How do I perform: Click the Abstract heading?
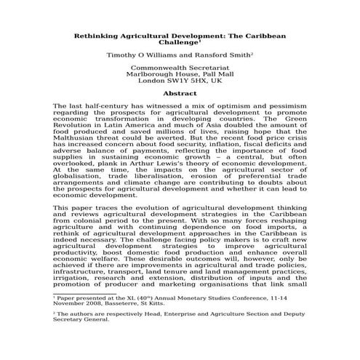pos(180,93)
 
